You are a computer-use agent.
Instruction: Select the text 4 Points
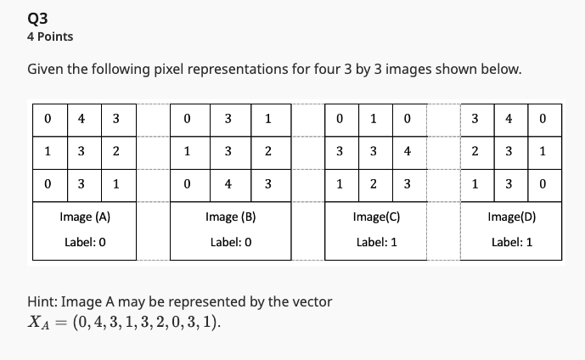tap(50, 37)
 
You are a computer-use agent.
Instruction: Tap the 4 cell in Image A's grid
tap(82, 119)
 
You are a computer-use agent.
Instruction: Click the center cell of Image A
tap(82, 151)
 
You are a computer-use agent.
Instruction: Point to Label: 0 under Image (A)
tap(85, 242)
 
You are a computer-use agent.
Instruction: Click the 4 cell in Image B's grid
tap(228, 183)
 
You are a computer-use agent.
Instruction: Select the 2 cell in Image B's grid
tap(267, 151)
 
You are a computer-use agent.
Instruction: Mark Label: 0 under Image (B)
tap(230, 242)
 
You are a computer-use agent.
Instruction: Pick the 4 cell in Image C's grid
tap(408, 151)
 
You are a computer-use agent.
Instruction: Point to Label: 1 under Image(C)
tap(376, 242)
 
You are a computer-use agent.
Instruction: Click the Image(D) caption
tap(511, 217)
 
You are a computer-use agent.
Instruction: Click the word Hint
tap(42, 301)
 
